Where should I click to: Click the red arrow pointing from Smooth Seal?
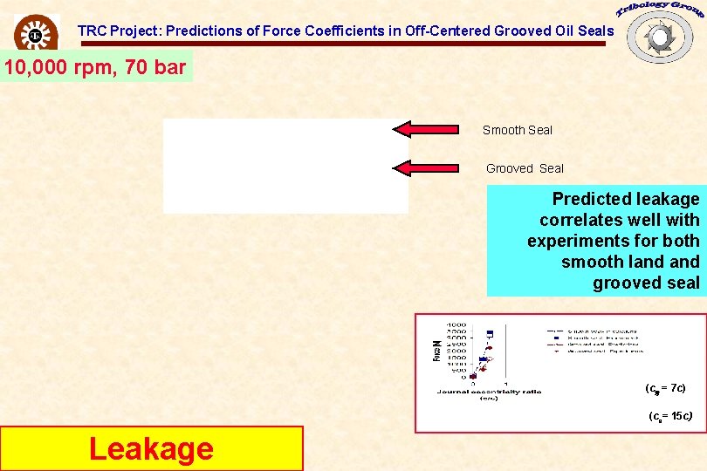click(426, 130)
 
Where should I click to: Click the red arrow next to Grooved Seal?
click(426, 168)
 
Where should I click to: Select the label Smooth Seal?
click(518, 130)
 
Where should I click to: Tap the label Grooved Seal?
click(525, 168)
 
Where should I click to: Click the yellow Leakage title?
click(151, 448)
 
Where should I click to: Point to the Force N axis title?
click(436, 351)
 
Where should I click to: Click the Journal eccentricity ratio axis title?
click(489, 392)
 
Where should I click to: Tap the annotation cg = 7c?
click(665, 387)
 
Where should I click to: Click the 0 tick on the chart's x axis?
click(473, 384)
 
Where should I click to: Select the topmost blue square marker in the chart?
click(490, 333)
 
